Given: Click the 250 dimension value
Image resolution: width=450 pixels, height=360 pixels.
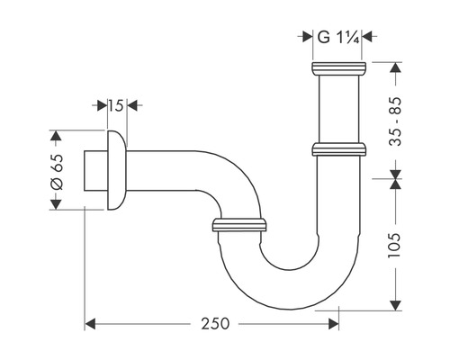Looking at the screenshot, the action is tap(215, 324).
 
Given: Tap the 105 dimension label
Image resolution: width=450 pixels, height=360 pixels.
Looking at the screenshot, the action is tap(394, 245).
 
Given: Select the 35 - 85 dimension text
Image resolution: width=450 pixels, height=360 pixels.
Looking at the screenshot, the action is tap(394, 121).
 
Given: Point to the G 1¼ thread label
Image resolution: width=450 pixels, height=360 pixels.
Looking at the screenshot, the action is tap(338, 38).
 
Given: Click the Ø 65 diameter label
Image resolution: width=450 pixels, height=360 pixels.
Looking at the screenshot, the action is tap(57, 172).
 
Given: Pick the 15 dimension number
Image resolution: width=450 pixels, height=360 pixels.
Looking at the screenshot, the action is tap(115, 105).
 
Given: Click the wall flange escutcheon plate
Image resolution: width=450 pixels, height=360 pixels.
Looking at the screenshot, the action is tap(116, 170).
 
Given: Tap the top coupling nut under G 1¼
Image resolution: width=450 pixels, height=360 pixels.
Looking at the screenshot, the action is tap(338, 69).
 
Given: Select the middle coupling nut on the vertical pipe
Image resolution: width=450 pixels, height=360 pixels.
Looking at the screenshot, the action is tap(338, 149).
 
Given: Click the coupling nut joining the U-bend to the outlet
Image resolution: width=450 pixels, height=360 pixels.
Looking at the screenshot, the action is tap(239, 225).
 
